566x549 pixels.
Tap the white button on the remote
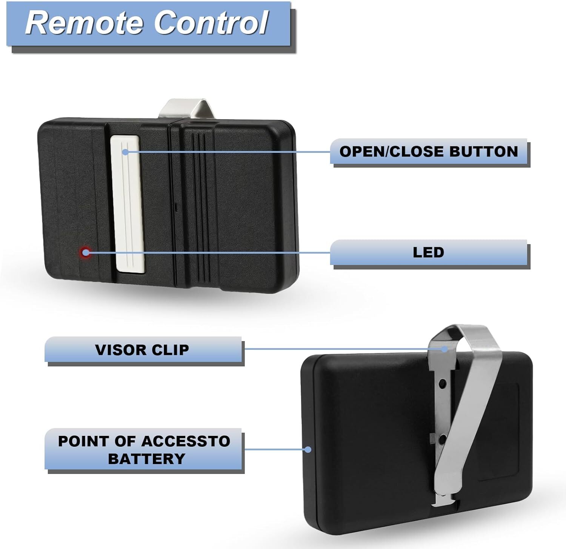pos(128,204)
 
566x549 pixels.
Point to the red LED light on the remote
pos(86,252)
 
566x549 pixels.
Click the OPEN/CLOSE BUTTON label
pos(429,151)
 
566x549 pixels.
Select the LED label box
pos(429,252)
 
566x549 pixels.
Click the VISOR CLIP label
pos(143,349)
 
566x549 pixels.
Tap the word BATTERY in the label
pos(146,459)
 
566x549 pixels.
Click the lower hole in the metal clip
pos(442,439)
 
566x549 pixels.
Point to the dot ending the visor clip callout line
pos(445,349)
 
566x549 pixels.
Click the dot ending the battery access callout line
pos(308,449)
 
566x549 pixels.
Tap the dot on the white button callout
pos(125,152)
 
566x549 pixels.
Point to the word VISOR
pos(115,350)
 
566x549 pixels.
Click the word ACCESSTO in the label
pos(186,441)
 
